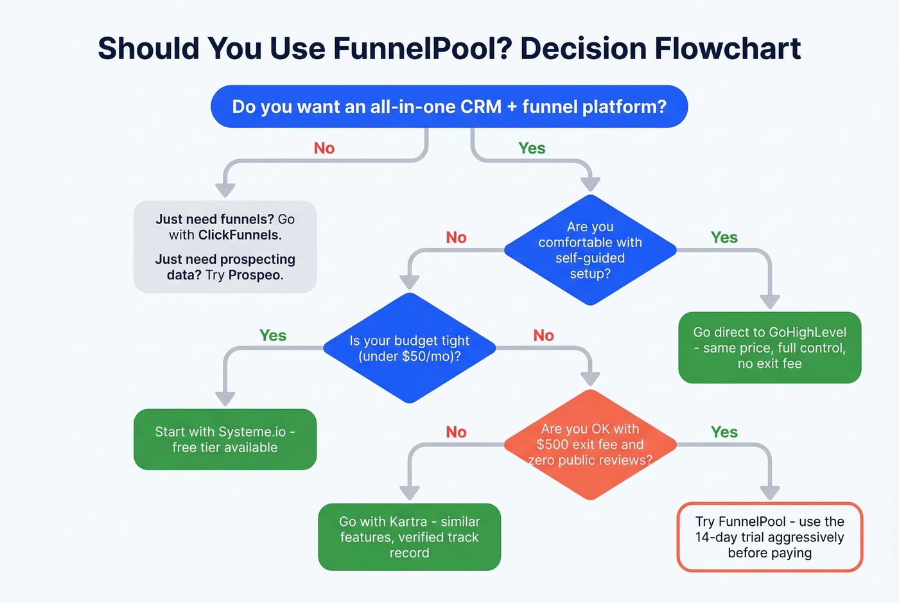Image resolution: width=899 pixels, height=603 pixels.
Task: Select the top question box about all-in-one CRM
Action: coord(449,107)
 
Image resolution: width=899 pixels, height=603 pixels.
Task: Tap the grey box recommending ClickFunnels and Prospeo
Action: coord(225,247)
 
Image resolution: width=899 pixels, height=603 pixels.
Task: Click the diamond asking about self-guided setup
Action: coord(590,250)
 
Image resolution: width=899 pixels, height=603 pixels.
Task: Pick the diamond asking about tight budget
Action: coord(409,348)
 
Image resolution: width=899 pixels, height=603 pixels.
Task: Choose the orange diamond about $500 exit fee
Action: coord(590,444)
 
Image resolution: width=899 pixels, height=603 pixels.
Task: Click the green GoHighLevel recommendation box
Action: coord(769,347)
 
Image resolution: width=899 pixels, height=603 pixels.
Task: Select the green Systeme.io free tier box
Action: coord(225,439)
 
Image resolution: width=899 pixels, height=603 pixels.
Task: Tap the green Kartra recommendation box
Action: coord(409,537)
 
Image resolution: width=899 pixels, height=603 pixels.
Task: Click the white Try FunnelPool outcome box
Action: coord(769,537)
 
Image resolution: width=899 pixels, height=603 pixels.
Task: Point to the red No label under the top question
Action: coord(324,148)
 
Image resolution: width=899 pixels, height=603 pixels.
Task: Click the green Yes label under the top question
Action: coord(532,148)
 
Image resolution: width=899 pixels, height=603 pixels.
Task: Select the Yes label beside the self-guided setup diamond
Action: coord(724,238)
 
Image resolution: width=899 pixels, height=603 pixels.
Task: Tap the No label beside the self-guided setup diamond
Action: coord(456,238)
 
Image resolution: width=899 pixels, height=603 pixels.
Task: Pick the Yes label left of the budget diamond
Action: coord(273,335)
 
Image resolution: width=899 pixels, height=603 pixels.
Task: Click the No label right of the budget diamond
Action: coord(543,335)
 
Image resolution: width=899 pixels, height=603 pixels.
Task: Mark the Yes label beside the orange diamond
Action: coord(724,432)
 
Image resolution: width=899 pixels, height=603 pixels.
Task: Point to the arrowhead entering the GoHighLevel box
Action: coord(769,301)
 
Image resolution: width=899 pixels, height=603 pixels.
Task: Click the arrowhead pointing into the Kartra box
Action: coord(409,493)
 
